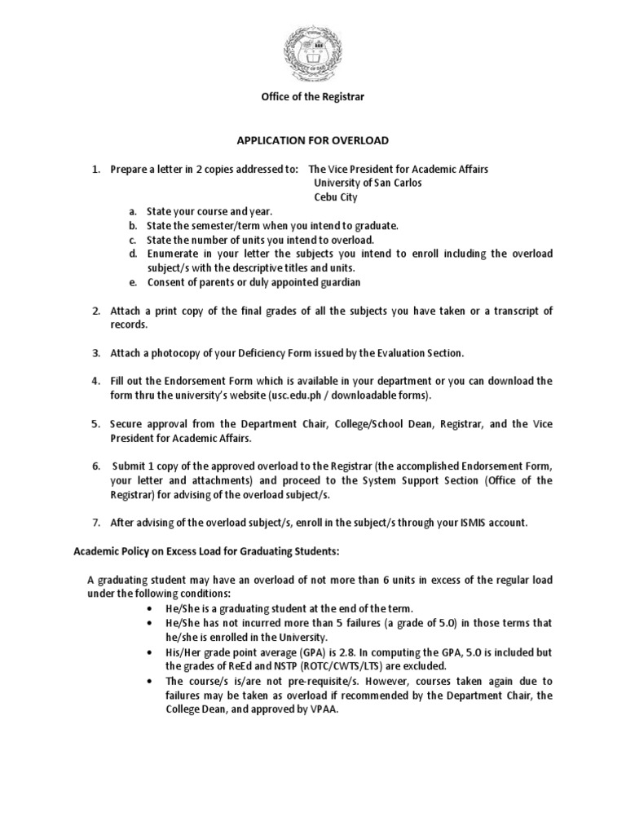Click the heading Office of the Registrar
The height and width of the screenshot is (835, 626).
point(312,96)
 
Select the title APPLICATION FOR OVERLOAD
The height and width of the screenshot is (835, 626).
point(312,140)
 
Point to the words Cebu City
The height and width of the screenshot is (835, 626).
point(336,197)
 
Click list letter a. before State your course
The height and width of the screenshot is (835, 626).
point(132,212)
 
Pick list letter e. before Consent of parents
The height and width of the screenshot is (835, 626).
point(132,282)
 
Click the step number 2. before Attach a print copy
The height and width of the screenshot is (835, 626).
point(95,311)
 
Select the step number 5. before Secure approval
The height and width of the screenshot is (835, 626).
point(95,423)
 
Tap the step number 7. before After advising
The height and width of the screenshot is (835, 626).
point(95,522)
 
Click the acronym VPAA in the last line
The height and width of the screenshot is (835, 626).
point(324,709)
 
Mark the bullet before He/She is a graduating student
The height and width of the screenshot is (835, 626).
point(149,609)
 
